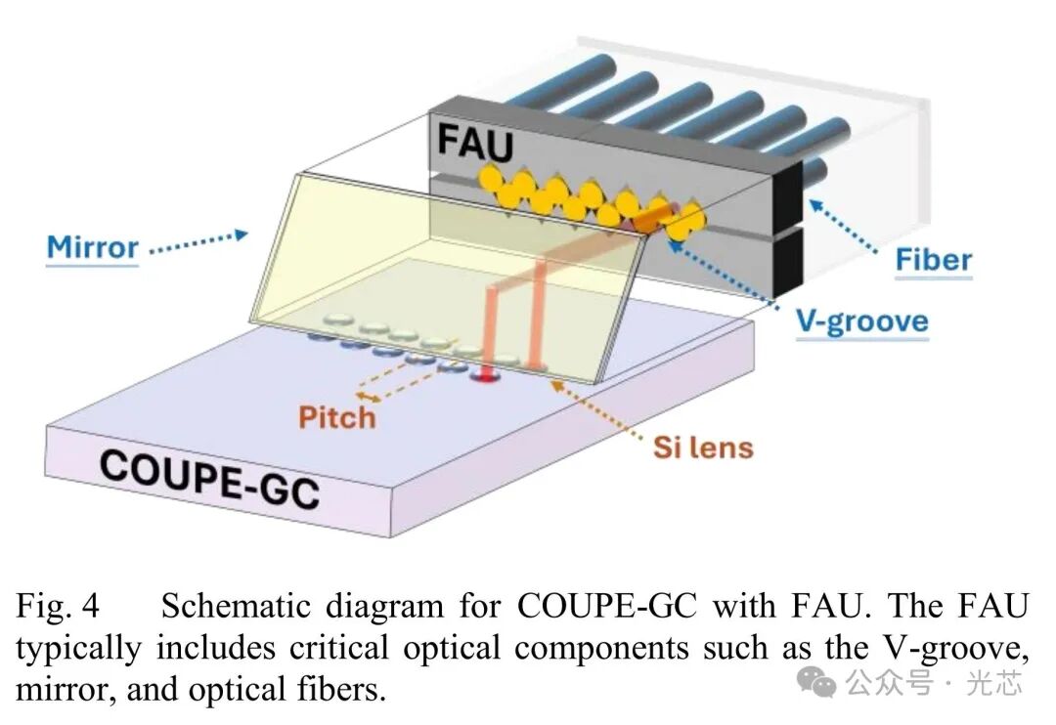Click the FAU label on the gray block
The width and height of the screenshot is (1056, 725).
(x=475, y=143)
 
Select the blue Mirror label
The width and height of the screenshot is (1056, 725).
(x=92, y=247)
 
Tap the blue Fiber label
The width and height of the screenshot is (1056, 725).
(x=934, y=259)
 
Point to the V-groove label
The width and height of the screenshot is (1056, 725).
(x=862, y=321)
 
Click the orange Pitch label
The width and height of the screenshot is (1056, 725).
(x=336, y=417)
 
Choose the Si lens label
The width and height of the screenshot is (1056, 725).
(x=703, y=448)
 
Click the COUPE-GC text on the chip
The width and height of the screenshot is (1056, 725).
(x=209, y=480)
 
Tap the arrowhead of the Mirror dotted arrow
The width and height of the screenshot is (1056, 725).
(x=242, y=235)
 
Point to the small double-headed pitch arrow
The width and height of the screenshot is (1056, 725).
(x=368, y=397)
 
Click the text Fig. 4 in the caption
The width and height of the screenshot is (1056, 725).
(x=58, y=605)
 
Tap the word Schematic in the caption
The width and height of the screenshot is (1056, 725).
(x=235, y=605)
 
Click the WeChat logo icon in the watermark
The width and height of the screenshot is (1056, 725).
(x=815, y=682)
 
